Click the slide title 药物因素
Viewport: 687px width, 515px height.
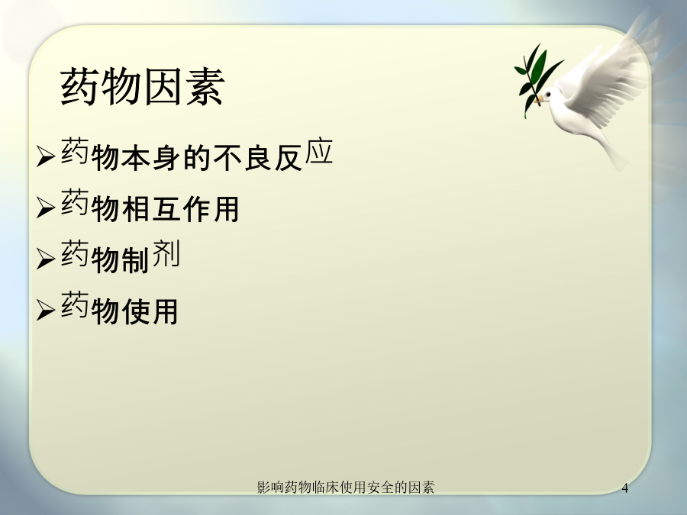point(143,86)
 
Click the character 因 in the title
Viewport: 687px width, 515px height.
point(163,86)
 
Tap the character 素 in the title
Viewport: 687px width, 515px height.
point(205,86)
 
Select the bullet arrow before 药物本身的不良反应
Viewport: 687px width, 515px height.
point(46,156)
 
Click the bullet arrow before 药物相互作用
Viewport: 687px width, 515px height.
point(46,207)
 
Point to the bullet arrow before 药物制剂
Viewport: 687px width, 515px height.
point(46,259)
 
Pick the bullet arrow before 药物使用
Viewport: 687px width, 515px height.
point(46,310)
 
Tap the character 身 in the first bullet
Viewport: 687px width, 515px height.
point(166,158)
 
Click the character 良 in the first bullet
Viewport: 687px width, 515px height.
point(258,158)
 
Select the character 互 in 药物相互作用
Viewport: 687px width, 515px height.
point(166,209)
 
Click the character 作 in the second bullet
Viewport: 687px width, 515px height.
point(197,209)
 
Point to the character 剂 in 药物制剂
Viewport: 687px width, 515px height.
point(166,253)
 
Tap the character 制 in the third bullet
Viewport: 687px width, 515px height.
point(136,260)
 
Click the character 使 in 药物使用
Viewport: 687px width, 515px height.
point(136,311)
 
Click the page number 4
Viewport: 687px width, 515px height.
point(624,488)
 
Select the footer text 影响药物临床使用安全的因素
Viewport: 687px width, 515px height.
point(346,487)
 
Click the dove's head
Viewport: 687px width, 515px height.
point(550,95)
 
